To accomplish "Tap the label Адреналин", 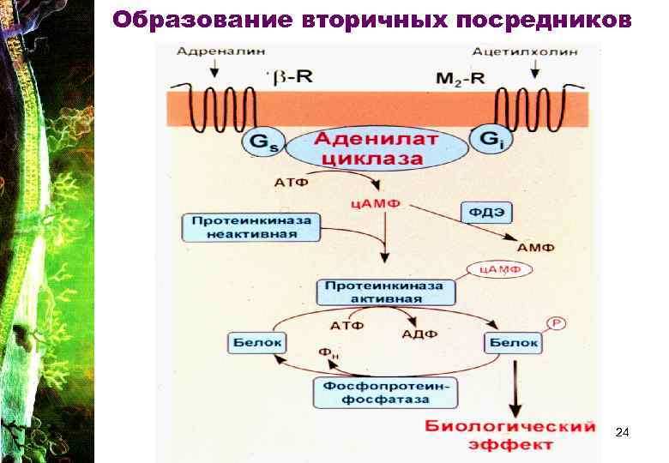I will click(x=210, y=51).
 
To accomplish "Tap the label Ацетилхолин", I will click(x=533, y=51).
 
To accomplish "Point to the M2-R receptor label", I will click(x=460, y=79).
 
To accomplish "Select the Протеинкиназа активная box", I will click(x=386, y=291).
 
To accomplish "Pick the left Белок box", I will click(x=253, y=343).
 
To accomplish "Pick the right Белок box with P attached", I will click(x=514, y=343).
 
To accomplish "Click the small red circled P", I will click(x=554, y=323).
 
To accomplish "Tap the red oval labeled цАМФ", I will click(x=498, y=268).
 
